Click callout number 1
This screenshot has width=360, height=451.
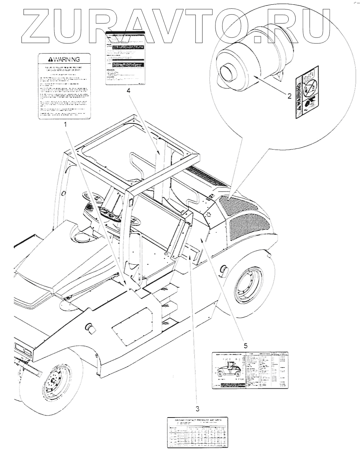(x=66, y=124)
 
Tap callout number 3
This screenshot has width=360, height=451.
(x=197, y=408)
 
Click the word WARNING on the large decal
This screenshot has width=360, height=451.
(x=64, y=59)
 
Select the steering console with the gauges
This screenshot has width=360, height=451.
(x=109, y=211)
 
